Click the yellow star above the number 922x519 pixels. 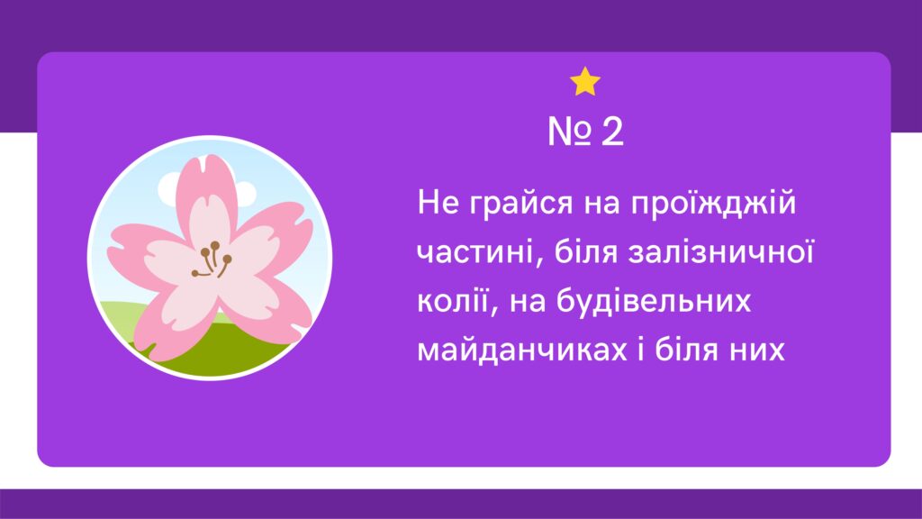[585, 82]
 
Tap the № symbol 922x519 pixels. [569, 132]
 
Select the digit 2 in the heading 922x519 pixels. [612, 132]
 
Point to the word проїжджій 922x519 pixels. [713, 204]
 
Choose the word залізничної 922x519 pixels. [720, 253]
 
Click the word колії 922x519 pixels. [453, 302]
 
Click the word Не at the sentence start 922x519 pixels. [438, 203]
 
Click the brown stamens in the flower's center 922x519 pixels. [212, 259]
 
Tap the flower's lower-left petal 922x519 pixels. [170, 318]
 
